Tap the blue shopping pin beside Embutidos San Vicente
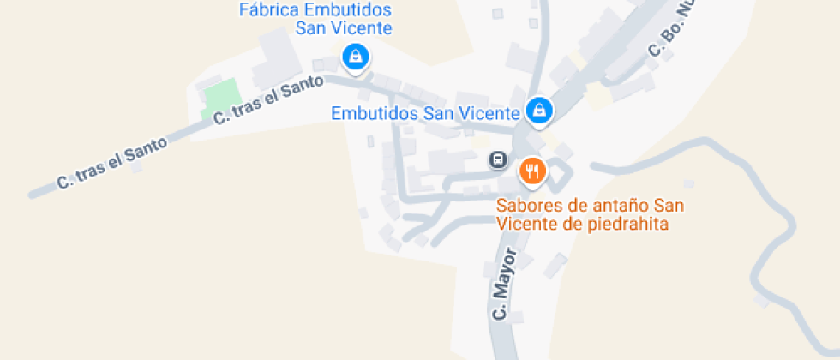[539, 110]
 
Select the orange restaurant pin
[533, 171]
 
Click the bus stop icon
[497, 159]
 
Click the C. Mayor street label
[506, 285]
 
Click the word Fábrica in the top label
[268, 10]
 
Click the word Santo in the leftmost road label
[148, 147]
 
